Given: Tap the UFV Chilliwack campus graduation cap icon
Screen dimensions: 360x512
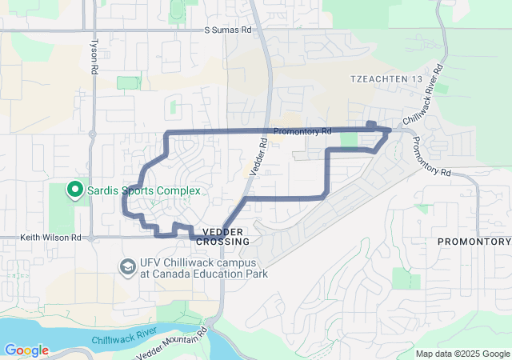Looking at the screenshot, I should [126, 266].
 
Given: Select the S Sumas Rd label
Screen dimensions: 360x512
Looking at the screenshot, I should [227, 30].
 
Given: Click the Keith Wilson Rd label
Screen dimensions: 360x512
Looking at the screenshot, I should [50, 238].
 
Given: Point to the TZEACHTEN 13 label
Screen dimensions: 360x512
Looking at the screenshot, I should [386, 78].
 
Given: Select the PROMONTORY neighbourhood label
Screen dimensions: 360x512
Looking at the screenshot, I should [474, 241].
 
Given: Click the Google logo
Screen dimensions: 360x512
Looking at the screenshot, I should [26, 350].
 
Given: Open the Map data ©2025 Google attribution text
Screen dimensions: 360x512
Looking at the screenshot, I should [462, 354].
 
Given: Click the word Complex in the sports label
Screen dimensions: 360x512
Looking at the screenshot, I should [178, 190].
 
